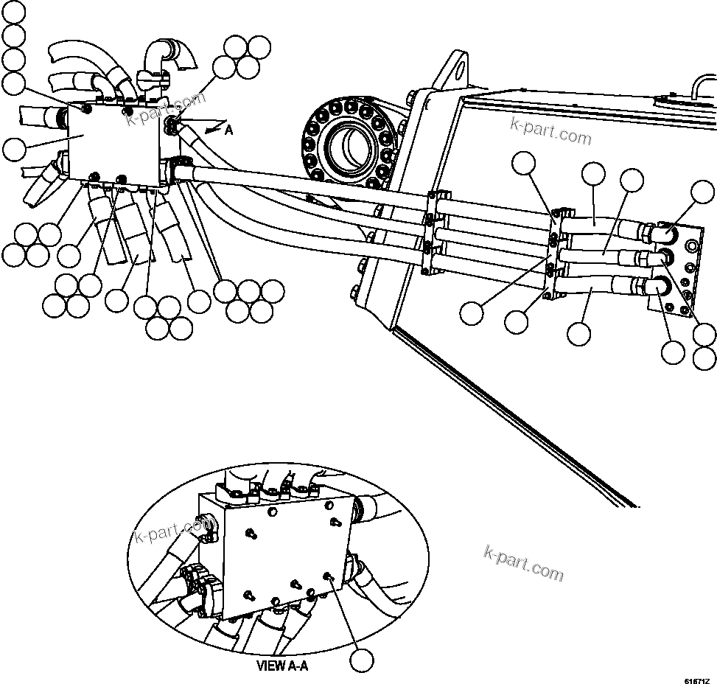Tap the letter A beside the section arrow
tap(228, 130)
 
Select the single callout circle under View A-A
tap(360, 660)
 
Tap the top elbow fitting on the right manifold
tap(664, 234)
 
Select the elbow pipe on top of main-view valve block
tap(164, 55)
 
